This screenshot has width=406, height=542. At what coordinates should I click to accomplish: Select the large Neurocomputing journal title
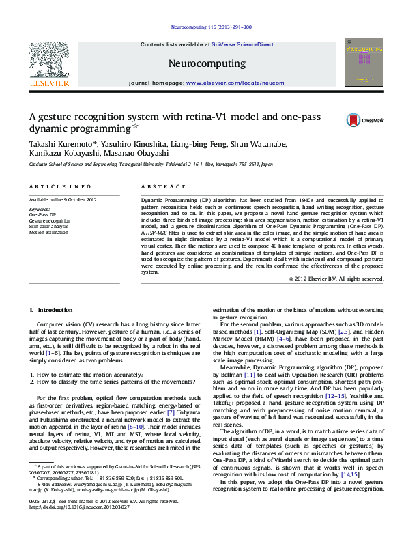(x=206, y=63)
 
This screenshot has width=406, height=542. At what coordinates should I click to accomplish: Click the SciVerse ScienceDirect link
(x=242, y=44)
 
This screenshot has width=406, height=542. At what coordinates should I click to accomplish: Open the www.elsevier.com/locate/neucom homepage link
(x=235, y=83)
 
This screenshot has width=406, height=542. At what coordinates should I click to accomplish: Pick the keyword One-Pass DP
(x=42, y=215)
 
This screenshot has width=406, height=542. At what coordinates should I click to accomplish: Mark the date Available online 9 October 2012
(x=63, y=199)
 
